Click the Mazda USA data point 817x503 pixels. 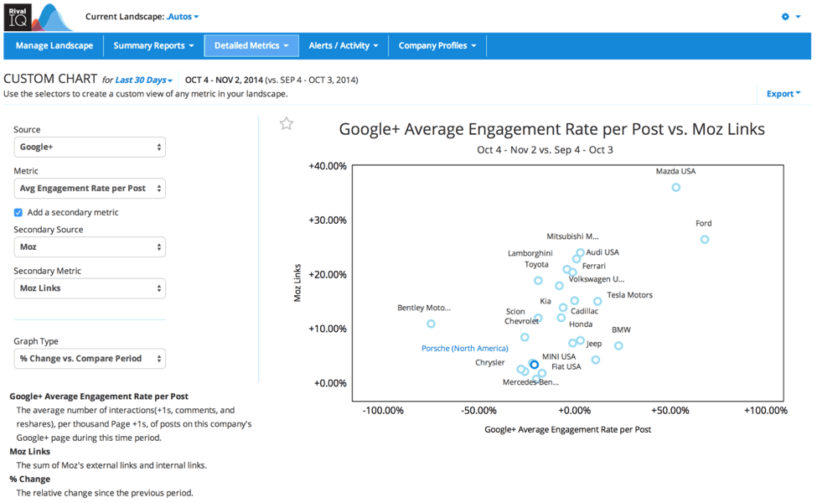click(676, 188)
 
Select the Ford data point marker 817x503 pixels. click(705, 240)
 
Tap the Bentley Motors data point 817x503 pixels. click(431, 324)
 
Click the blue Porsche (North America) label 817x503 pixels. click(464, 349)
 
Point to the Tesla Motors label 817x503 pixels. click(629, 295)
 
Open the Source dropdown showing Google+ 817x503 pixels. click(90, 147)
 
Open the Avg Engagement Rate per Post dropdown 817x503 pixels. click(90, 189)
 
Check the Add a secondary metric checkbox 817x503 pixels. click(18, 213)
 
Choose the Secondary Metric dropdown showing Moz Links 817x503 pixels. click(90, 288)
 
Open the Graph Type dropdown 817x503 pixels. click(90, 359)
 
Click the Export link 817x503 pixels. click(783, 94)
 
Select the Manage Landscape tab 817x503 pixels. click(54, 45)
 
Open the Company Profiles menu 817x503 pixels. click(437, 45)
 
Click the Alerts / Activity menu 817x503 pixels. click(344, 45)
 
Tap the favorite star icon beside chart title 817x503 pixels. click(287, 124)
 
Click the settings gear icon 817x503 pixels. click(786, 17)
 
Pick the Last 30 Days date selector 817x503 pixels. click(144, 80)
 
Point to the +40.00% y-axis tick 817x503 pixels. click(328, 166)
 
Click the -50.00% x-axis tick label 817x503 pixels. click(478, 411)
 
